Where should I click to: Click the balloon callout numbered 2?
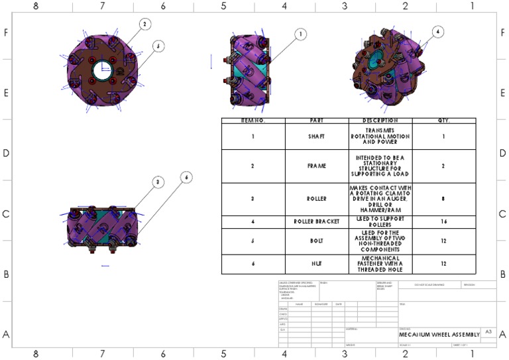(145, 24)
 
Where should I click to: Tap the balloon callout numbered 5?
(158, 46)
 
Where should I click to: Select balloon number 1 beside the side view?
(300, 34)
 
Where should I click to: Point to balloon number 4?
(437, 31)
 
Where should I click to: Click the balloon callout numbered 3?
(157, 182)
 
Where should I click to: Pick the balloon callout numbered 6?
(187, 177)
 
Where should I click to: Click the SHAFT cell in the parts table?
(317, 137)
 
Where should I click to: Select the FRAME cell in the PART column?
(317, 166)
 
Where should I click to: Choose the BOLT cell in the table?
(317, 241)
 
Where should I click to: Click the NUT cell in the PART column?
(317, 263)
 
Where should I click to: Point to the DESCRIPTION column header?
(380, 121)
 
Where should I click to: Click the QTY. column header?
(443, 121)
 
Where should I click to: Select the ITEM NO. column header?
(253, 121)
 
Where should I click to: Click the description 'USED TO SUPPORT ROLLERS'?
(380, 221)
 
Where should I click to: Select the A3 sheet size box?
(488, 331)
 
